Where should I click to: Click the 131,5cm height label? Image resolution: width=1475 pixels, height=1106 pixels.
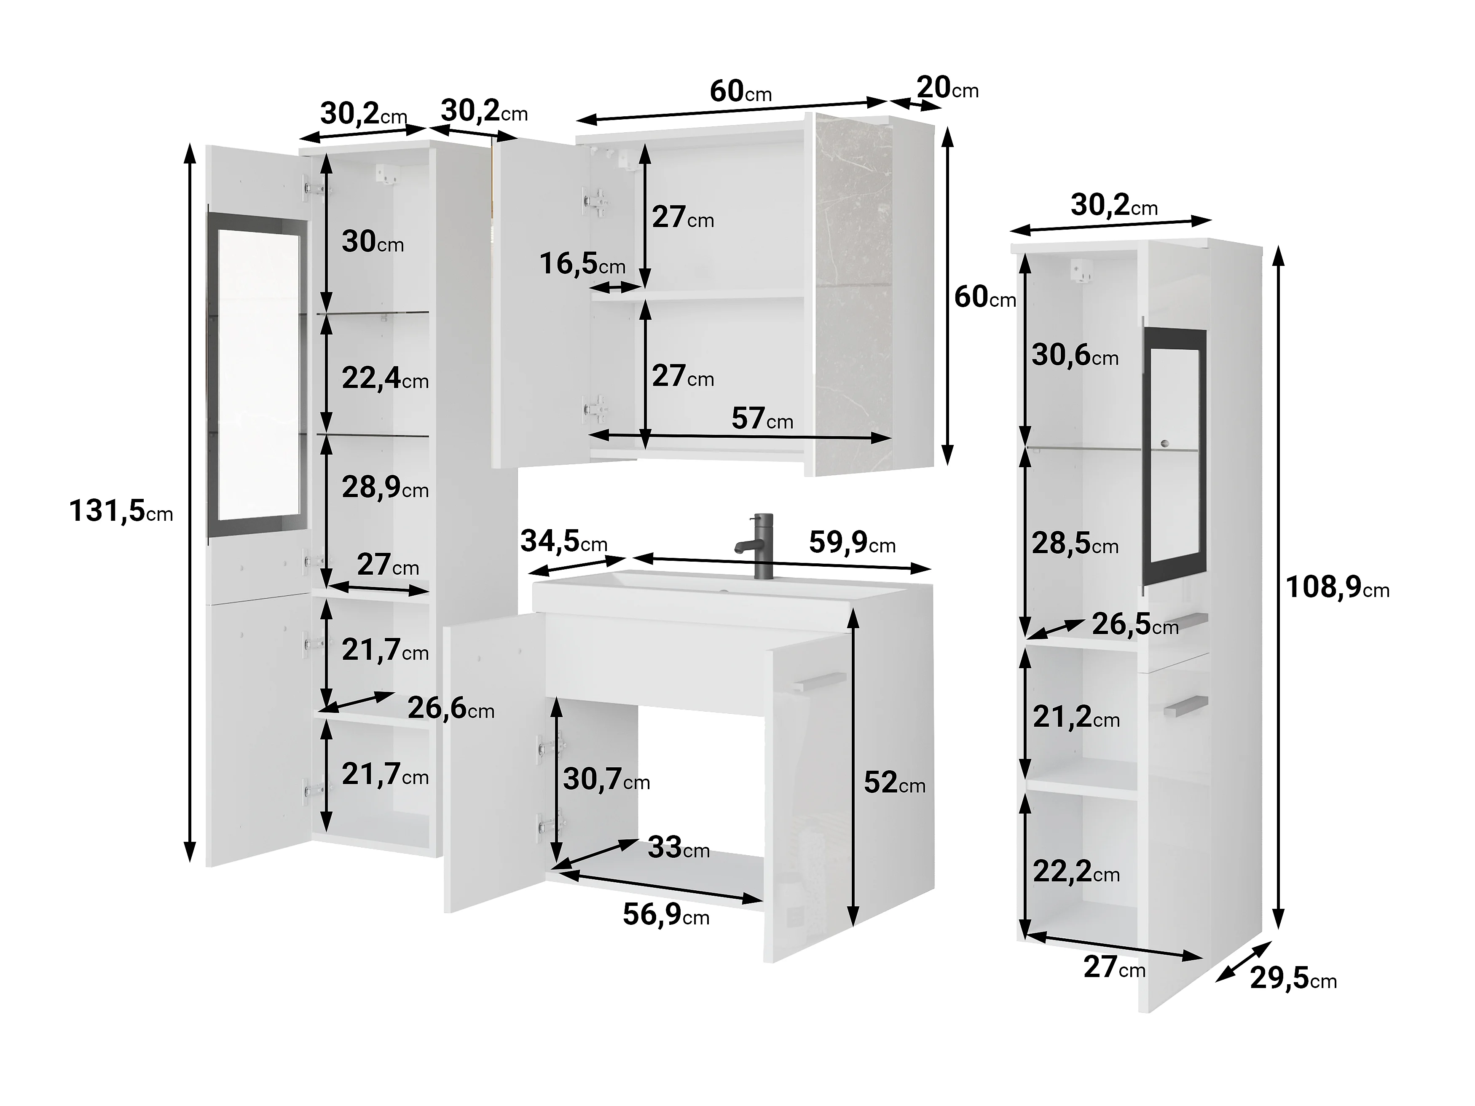click(121, 511)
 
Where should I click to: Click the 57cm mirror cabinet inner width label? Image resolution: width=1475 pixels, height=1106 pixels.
click(762, 419)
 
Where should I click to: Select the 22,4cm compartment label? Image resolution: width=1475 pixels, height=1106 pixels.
click(385, 379)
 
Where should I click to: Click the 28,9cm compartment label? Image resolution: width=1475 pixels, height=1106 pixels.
click(385, 488)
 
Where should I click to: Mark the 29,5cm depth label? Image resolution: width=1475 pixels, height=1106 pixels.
click(1293, 979)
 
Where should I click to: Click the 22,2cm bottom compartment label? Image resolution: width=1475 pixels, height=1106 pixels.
click(1076, 871)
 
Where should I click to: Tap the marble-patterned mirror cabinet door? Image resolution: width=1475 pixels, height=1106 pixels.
click(853, 293)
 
